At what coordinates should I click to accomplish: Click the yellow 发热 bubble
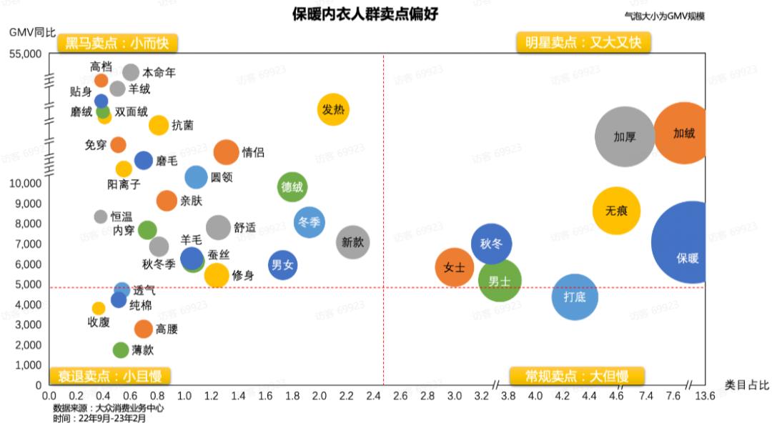pyautogui.click(x=333, y=109)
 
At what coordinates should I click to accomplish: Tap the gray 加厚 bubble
pyautogui.click(x=625, y=136)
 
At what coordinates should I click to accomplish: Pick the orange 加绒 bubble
pyautogui.click(x=683, y=133)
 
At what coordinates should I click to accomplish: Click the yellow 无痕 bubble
pyautogui.click(x=616, y=211)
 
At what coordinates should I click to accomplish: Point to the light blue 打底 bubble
pyautogui.click(x=575, y=297)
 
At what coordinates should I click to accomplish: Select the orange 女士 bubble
pyautogui.click(x=455, y=268)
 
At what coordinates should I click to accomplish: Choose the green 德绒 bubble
pyautogui.click(x=292, y=187)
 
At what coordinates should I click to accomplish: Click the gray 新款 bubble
pyautogui.click(x=352, y=242)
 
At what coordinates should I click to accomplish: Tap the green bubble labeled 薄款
pyautogui.click(x=121, y=350)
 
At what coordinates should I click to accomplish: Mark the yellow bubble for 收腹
pyautogui.click(x=99, y=309)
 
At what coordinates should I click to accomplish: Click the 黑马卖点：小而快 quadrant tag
pyautogui.click(x=117, y=43)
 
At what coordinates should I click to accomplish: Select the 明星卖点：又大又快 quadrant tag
pyautogui.click(x=579, y=43)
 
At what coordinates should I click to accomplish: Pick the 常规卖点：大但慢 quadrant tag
pyautogui.click(x=577, y=376)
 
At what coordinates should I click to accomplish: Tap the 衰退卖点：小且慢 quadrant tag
pyautogui.click(x=105, y=376)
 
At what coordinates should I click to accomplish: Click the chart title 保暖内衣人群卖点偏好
pyautogui.click(x=365, y=14)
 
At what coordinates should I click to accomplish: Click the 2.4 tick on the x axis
pyautogui.click(x=374, y=395)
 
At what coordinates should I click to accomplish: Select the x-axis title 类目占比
pyautogui.click(x=746, y=384)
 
